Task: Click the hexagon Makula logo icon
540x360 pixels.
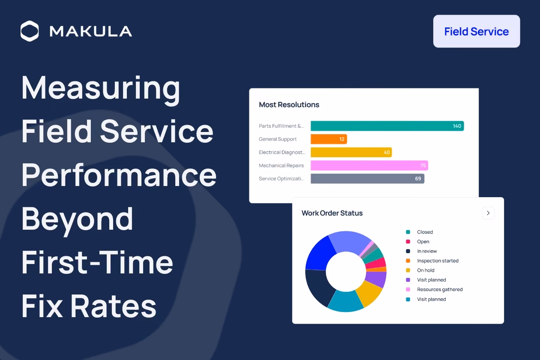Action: pyautogui.click(x=30, y=31)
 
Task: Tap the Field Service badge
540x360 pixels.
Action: pyautogui.click(x=477, y=31)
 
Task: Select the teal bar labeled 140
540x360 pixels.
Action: pyautogui.click(x=387, y=126)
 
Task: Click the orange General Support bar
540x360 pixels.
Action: pyautogui.click(x=329, y=139)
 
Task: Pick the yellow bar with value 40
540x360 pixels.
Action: pyautogui.click(x=351, y=152)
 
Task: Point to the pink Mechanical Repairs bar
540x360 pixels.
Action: pyautogui.click(x=369, y=165)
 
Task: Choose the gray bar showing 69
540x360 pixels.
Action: pyautogui.click(x=367, y=179)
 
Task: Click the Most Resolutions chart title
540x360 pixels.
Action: pyautogui.click(x=289, y=105)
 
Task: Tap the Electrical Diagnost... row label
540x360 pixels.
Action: pyautogui.click(x=282, y=153)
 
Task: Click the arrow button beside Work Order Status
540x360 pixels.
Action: pyautogui.click(x=488, y=213)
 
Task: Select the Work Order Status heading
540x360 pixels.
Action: pyautogui.click(x=332, y=213)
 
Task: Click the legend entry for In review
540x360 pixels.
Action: pyautogui.click(x=421, y=251)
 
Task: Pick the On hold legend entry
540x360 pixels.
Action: pyautogui.click(x=420, y=270)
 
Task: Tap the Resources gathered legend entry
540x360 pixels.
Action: pyautogui.click(x=434, y=289)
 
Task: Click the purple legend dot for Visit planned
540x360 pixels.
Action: pyautogui.click(x=408, y=280)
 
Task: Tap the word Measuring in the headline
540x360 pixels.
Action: pyautogui.click(x=101, y=89)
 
